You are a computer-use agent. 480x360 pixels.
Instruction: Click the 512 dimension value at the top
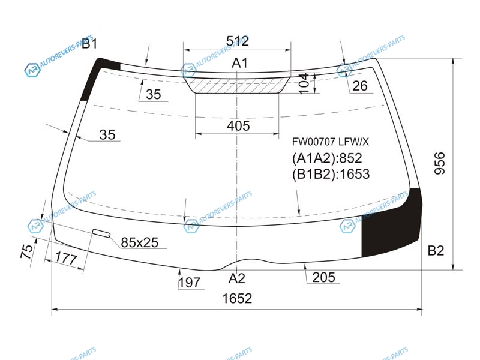tap(237, 41)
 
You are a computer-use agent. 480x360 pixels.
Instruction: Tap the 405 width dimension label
tap(238, 126)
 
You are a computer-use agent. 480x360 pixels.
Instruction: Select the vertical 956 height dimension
tap(440, 163)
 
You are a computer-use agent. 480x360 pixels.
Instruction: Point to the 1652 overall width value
tap(237, 298)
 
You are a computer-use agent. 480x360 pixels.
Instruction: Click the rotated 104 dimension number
tap(304, 83)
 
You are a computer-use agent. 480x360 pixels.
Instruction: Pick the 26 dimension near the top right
tap(359, 86)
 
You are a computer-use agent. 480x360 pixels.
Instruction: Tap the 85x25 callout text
tap(140, 242)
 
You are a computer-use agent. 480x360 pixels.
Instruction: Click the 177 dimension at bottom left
tap(67, 259)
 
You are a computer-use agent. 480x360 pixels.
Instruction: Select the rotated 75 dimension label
tap(26, 251)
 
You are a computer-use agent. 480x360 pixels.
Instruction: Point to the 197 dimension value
tap(190, 283)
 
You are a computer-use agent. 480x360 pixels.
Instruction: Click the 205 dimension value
tap(323, 277)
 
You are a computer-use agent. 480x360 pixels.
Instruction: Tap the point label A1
tap(239, 63)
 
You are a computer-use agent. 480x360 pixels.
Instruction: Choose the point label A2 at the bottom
tap(237, 278)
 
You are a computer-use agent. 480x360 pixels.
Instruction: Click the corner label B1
tap(89, 44)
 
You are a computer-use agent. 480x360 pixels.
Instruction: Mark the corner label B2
tap(436, 251)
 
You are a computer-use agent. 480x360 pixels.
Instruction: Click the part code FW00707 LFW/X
tap(331, 142)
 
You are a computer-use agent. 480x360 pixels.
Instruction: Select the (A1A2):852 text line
tap(327, 158)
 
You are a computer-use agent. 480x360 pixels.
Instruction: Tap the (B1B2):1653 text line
tap(331, 174)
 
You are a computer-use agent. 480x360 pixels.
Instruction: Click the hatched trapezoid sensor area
tap(237, 85)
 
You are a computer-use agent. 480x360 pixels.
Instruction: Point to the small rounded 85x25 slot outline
tap(101, 233)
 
